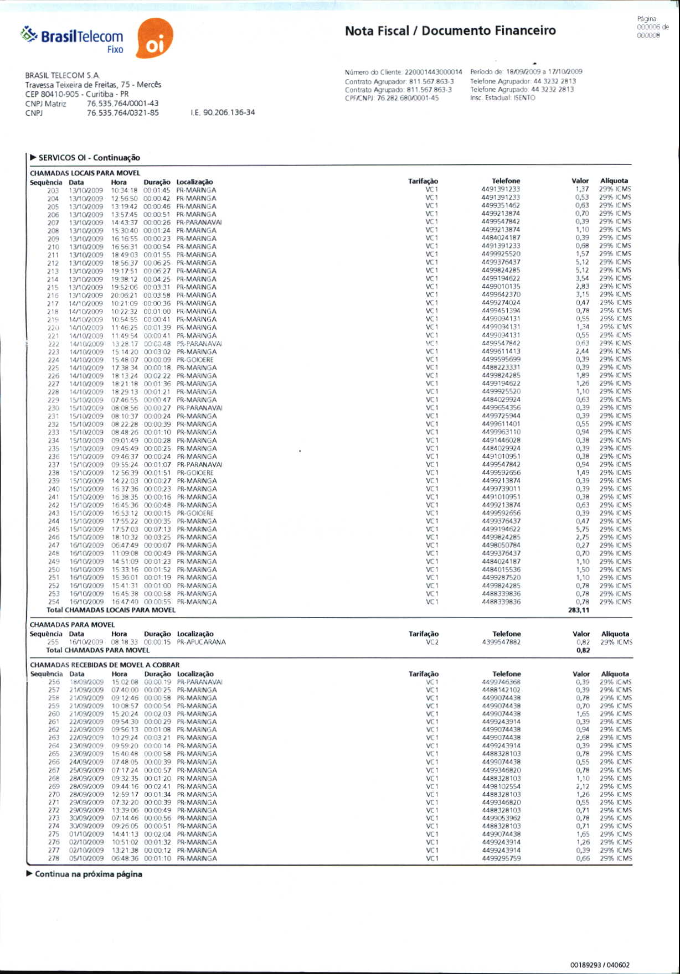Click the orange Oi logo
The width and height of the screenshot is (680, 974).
coord(154,39)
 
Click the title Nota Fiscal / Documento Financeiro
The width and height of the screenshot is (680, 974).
coord(450,31)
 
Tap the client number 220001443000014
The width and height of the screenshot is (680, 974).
coord(434,72)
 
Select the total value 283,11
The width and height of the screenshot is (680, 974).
coord(579,610)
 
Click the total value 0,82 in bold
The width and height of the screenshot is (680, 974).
coord(583,650)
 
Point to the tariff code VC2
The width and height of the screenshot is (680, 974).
coord(432,643)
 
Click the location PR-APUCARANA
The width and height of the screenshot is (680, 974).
coord(202,643)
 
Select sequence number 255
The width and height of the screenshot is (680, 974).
coord(53,643)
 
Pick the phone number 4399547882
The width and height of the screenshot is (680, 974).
coord(501,643)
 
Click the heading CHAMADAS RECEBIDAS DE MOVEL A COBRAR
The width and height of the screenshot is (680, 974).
coord(105,665)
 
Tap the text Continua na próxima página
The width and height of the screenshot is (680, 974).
coord(89,874)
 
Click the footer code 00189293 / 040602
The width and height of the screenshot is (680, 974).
coord(600,965)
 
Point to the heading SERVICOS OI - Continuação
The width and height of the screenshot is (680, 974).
coord(89,158)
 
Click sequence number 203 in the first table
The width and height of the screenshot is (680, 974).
coord(53,190)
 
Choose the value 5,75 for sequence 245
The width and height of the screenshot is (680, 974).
coord(582,529)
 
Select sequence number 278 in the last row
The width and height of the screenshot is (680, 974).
coord(53,858)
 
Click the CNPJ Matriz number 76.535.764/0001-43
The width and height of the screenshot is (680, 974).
coord(122,103)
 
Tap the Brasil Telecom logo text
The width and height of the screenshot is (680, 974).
coord(81,37)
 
